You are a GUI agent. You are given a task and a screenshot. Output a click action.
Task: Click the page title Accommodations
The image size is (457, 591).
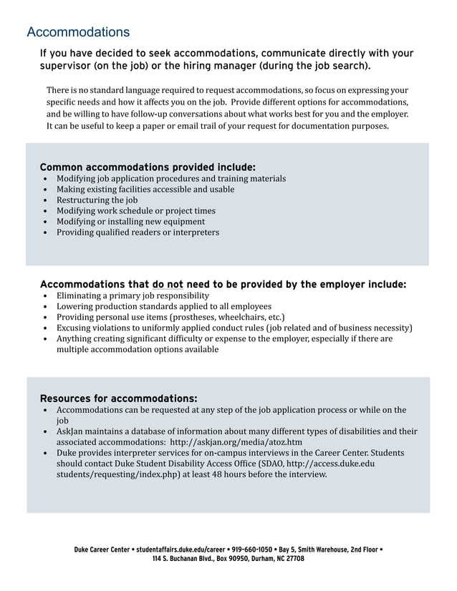click(x=78, y=32)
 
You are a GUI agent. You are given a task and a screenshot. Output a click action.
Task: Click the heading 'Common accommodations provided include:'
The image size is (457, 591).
click(x=148, y=167)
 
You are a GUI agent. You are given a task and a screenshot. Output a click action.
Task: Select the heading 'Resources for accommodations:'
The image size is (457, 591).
click(x=118, y=398)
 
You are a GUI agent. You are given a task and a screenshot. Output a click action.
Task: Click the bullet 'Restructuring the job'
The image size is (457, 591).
click(x=97, y=200)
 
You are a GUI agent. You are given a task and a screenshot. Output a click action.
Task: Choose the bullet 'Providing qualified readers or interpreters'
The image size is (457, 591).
click(x=138, y=233)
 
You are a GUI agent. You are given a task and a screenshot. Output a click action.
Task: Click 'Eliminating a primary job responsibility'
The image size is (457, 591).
click(x=133, y=295)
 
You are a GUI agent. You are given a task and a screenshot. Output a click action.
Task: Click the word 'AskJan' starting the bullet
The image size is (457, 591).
click(x=70, y=431)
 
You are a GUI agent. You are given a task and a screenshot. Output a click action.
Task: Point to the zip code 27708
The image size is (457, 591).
click(x=294, y=559)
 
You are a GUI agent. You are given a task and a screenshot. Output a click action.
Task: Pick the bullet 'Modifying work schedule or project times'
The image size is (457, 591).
click(x=135, y=211)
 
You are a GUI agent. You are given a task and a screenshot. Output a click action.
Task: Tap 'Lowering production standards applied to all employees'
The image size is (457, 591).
click(x=164, y=306)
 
